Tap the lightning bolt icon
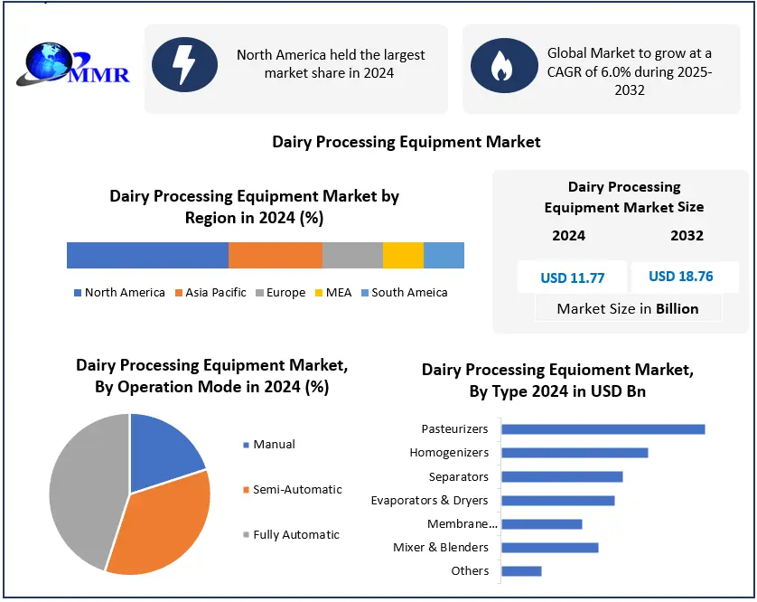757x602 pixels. (185, 66)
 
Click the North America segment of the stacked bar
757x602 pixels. (147, 255)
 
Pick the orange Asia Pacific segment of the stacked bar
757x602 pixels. (276, 255)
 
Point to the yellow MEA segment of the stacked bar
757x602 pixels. (403, 255)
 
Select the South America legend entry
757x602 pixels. (404, 292)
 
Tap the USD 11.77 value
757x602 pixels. (572, 277)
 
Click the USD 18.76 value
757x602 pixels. (680, 277)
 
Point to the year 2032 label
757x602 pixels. (687, 236)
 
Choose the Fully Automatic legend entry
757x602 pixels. (290, 534)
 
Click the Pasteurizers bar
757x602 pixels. (603, 429)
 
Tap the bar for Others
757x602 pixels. (521, 570)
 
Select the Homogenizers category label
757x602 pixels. (449, 453)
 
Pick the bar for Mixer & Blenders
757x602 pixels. (549, 547)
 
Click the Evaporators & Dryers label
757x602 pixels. (429, 500)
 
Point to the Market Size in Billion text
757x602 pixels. (627, 309)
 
